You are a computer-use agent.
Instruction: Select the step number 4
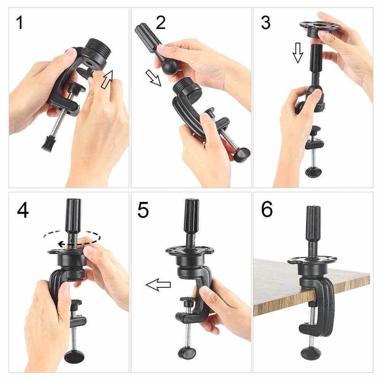[23, 210]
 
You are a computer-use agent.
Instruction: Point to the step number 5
[143, 210]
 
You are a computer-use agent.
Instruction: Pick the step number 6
[267, 209]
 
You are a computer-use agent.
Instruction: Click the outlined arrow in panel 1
[107, 79]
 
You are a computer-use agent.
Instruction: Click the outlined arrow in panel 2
[153, 78]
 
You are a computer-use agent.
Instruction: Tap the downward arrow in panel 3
[298, 53]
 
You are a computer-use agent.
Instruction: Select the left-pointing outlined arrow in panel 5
[158, 285]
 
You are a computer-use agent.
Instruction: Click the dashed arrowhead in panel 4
[61, 244]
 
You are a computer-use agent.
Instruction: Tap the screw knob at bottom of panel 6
[309, 354]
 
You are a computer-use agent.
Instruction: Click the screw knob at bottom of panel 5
[187, 353]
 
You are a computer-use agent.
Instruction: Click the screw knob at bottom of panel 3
[314, 172]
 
